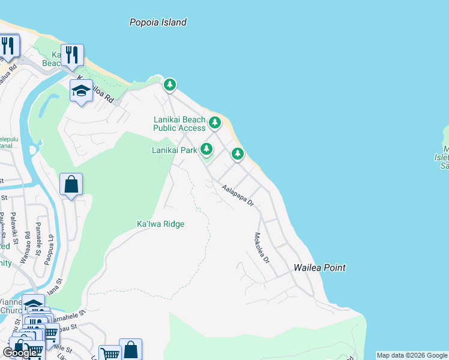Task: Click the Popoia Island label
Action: (158, 22)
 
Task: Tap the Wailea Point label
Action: (320, 268)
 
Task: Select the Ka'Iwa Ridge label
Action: (160, 224)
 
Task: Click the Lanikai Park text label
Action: (175, 150)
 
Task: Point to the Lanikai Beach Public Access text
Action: (179, 124)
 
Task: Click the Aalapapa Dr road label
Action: (238, 196)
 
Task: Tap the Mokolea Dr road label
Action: (262, 248)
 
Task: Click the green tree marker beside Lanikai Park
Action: (206, 148)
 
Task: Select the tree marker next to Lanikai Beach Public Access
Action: (215, 123)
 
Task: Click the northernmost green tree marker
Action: (170, 85)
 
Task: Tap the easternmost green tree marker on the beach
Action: (238, 154)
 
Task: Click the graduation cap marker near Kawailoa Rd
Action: (81, 91)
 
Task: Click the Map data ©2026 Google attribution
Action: (412, 355)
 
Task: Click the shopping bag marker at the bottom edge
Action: (130, 350)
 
